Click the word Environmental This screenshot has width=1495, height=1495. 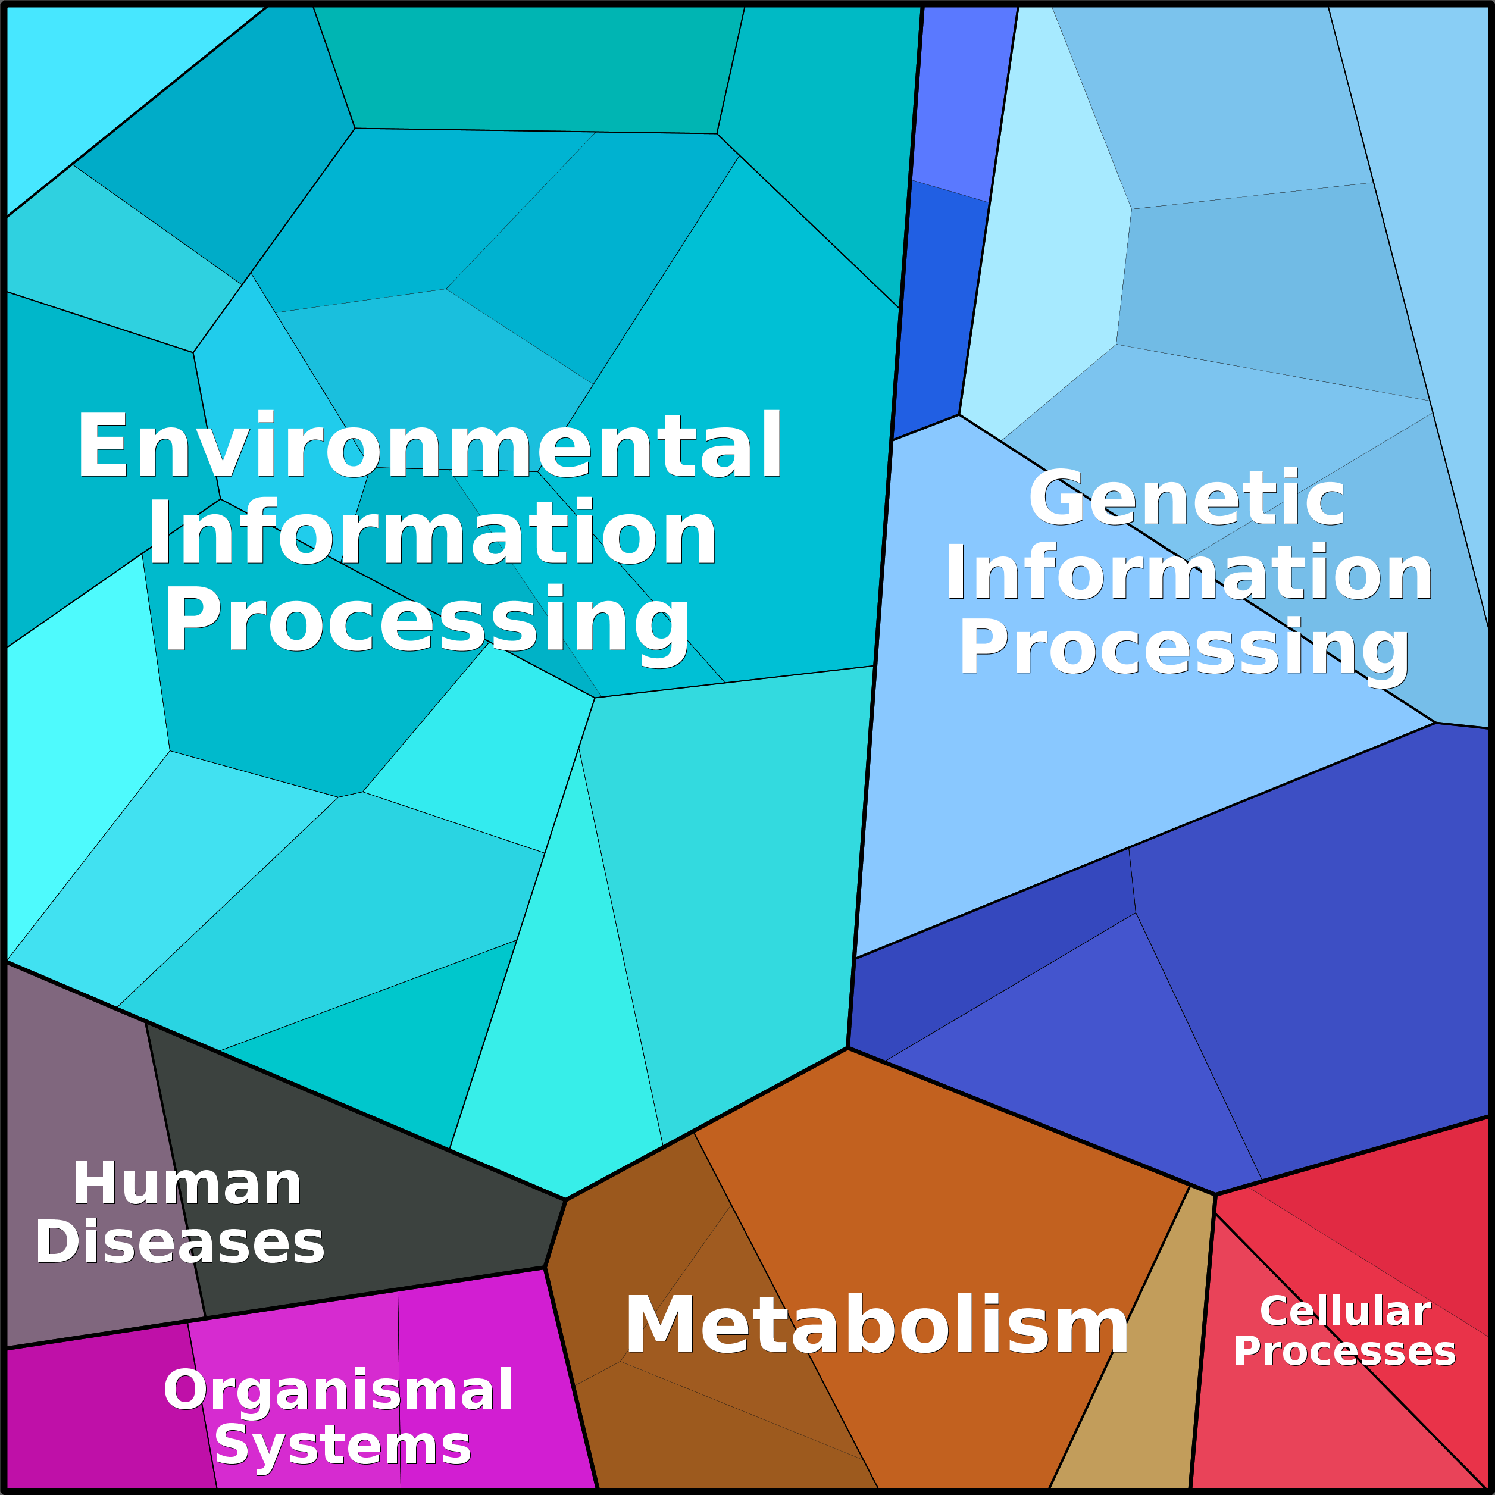430,446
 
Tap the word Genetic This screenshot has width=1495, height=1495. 1186,498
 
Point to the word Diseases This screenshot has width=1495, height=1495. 180,1242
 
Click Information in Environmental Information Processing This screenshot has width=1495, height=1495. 433,534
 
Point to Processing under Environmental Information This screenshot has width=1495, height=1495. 426,621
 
